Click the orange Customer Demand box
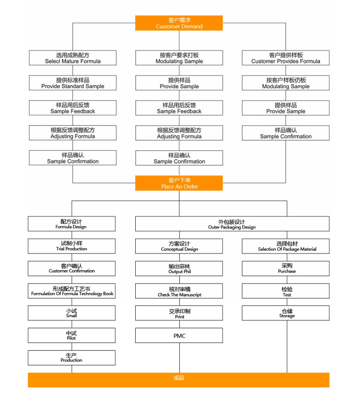(179, 23)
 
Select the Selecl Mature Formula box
(73, 58)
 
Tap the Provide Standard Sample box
(73, 83)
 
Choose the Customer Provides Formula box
(286, 58)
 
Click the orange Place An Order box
(179, 183)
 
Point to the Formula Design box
(72, 224)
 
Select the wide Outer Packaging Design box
(232, 224)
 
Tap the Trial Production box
(72, 246)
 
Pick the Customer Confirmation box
(72, 268)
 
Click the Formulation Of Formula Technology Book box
(72, 291)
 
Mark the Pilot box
(72, 335)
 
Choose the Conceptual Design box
(179, 246)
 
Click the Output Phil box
(179, 269)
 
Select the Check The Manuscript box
(179, 291)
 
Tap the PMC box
(179, 336)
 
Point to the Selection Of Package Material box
(286, 246)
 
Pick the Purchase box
(286, 269)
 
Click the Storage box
(286, 313)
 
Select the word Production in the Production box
(72, 360)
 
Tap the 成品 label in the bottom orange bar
(179, 378)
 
